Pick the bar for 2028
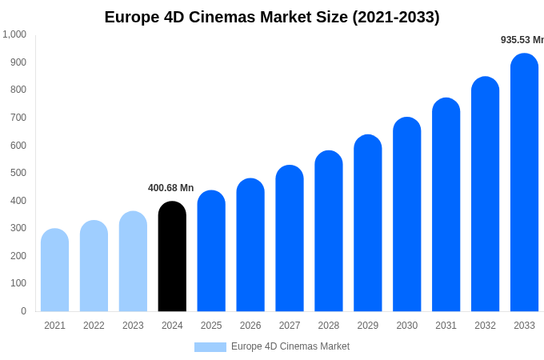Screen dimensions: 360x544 pyautogui.click(x=329, y=231)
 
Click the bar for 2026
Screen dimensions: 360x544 pyautogui.click(x=250, y=245)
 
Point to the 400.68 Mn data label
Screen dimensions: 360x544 pyautogui.click(x=170, y=188)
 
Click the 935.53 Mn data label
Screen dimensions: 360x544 pyautogui.click(x=522, y=40)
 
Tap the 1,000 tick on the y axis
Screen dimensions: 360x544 pyautogui.click(x=14, y=34)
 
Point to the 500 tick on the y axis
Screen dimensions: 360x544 pyautogui.click(x=18, y=173)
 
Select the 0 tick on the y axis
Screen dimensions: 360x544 pyautogui.click(x=23, y=311)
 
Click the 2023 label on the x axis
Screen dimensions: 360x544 pyautogui.click(x=133, y=326)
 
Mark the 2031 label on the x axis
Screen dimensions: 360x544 pyautogui.click(x=446, y=326)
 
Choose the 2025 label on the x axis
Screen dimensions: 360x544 pyautogui.click(x=211, y=326)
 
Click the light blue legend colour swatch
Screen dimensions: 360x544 pyautogui.click(x=210, y=347)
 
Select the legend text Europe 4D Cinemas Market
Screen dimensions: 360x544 pyautogui.click(x=290, y=346)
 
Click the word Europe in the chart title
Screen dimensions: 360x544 pyautogui.click(x=130, y=17)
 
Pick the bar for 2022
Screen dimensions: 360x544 pyautogui.click(x=94, y=266)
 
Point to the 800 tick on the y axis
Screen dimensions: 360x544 pyautogui.click(x=18, y=90)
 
